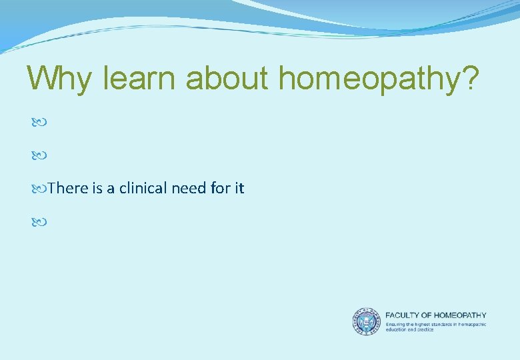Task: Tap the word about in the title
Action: pyautogui.click(x=228, y=79)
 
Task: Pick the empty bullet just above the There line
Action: pyautogui.click(x=37, y=156)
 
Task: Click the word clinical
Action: pyautogui.click(x=142, y=189)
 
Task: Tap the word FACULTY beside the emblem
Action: pyautogui.click(x=404, y=315)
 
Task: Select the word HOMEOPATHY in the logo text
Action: pyautogui.click(x=462, y=315)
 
